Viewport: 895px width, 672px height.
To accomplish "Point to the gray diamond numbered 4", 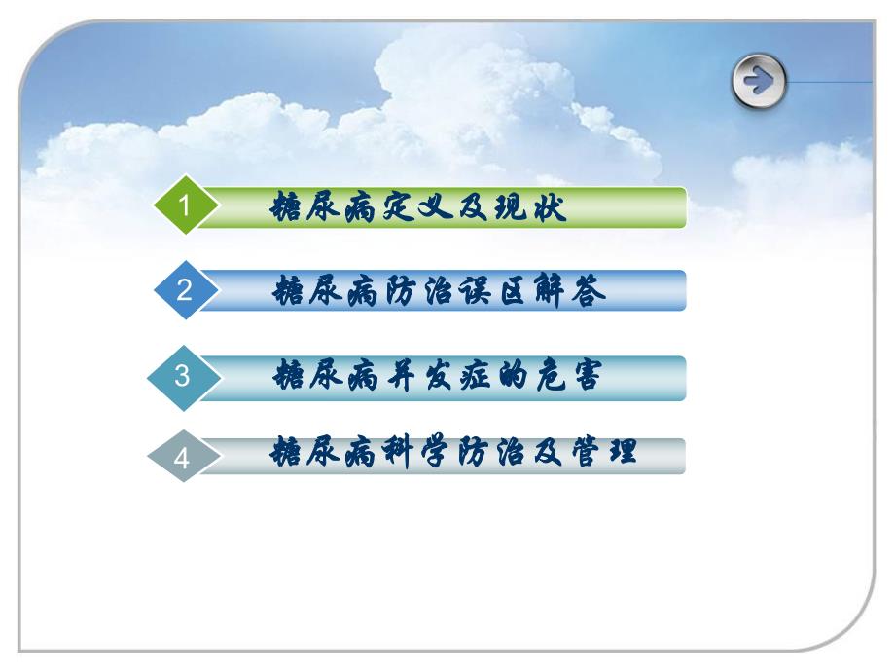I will [x=181, y=458].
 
